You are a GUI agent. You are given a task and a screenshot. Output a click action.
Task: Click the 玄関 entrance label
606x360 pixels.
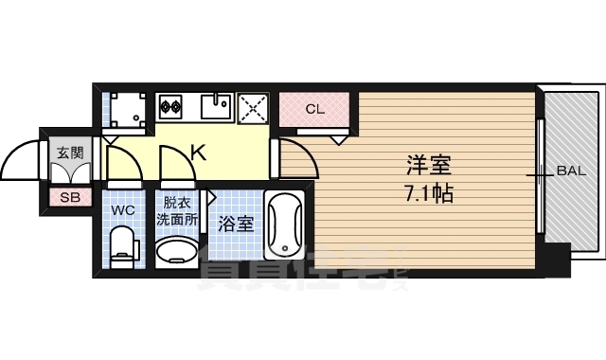click(x=70, y=152)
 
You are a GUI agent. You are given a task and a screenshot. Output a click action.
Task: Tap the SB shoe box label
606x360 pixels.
click(x=70, y=197)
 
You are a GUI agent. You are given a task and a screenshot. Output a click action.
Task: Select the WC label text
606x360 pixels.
click(x=123, y=209)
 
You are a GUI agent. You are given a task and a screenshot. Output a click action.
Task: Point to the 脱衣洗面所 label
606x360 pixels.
click(x=176, y=209)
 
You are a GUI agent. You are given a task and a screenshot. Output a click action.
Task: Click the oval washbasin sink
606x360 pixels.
click(x=176, y=253)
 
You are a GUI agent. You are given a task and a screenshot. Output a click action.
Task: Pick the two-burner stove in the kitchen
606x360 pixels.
click(x=170, y=105)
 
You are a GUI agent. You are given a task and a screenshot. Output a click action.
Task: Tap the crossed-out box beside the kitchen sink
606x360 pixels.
click(x=253, y=107)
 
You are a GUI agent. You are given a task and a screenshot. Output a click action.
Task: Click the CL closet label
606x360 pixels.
click(x=315, y=108)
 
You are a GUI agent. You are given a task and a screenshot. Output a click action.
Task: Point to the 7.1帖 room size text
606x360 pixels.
click(x=428, y=195)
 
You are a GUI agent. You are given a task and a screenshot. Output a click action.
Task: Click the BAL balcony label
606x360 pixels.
click(x=571, y=171)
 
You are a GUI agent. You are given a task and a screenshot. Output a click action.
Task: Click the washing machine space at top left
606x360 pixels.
click(x=126, y=111)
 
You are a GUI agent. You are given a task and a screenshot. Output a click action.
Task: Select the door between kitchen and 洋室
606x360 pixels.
click(x=295, y=157)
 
